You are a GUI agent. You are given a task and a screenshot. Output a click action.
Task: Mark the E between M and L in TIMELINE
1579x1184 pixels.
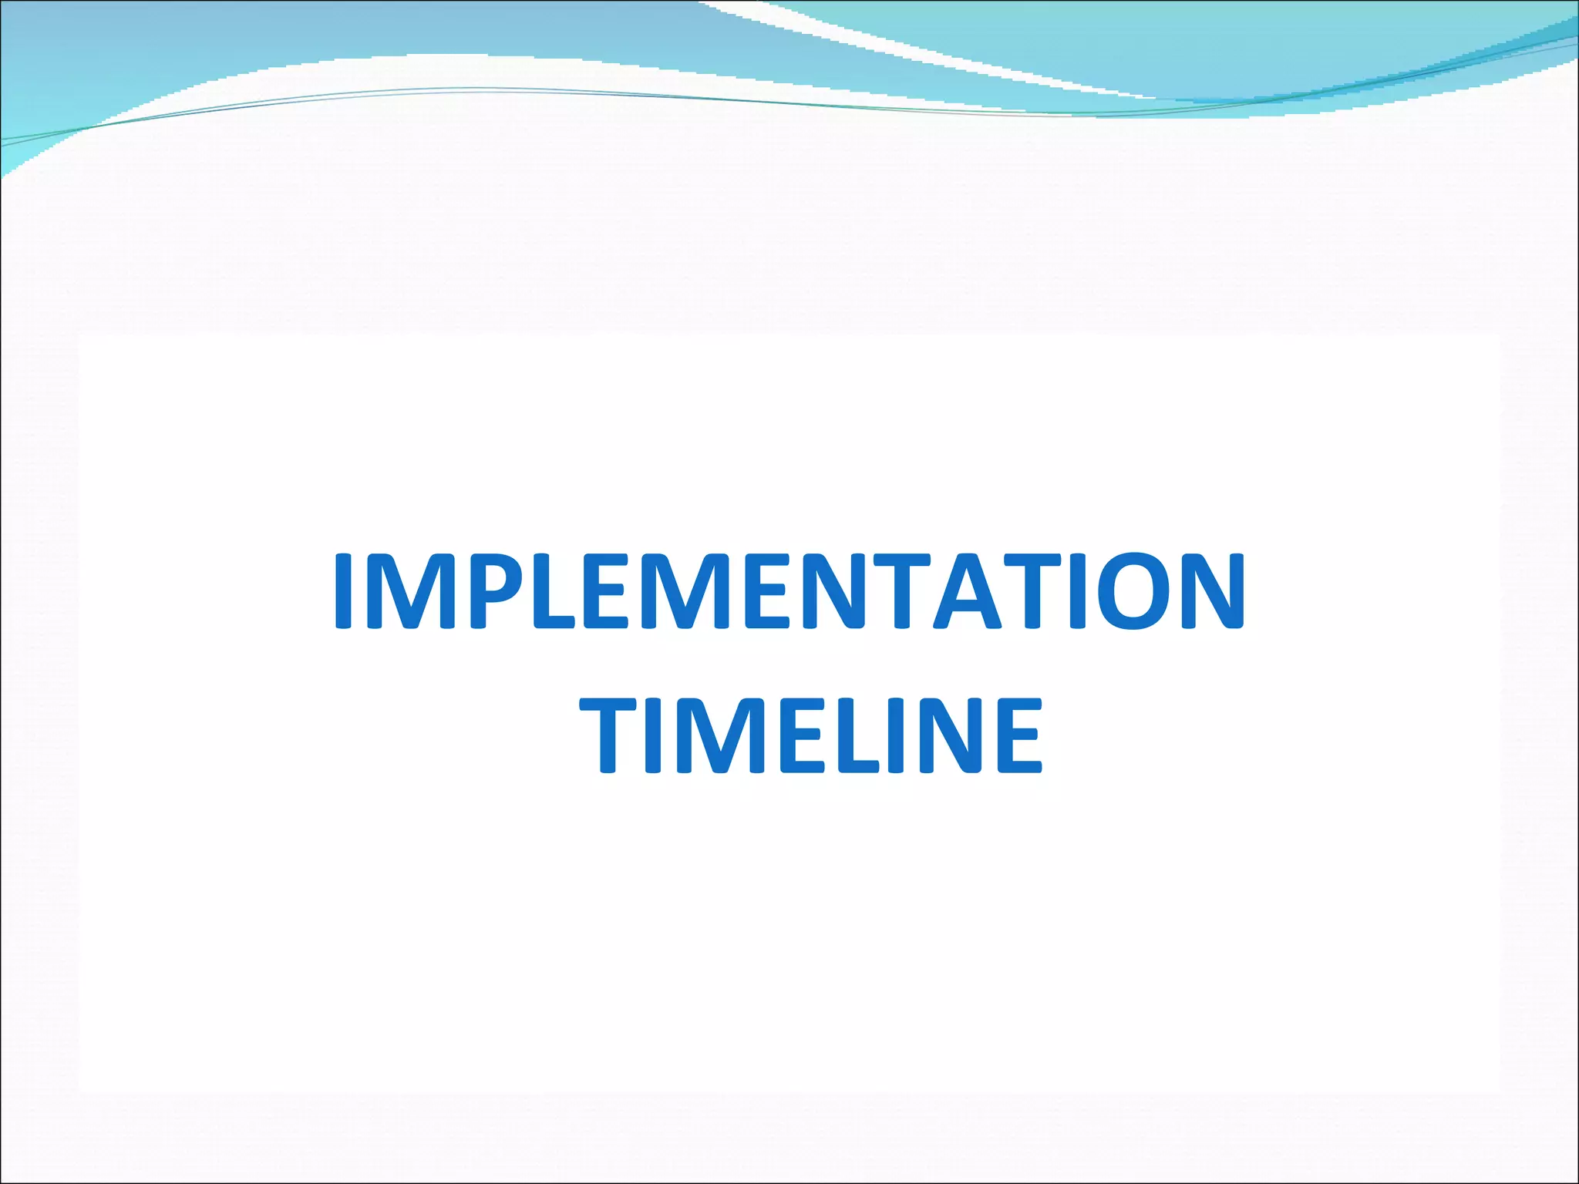802,735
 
